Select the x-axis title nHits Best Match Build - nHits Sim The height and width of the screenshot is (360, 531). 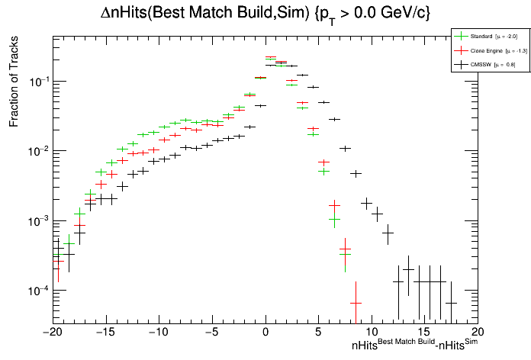coord(414,346)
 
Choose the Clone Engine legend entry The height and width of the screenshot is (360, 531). coord(488,50)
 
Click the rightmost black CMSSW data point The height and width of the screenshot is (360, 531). coord(452,303)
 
